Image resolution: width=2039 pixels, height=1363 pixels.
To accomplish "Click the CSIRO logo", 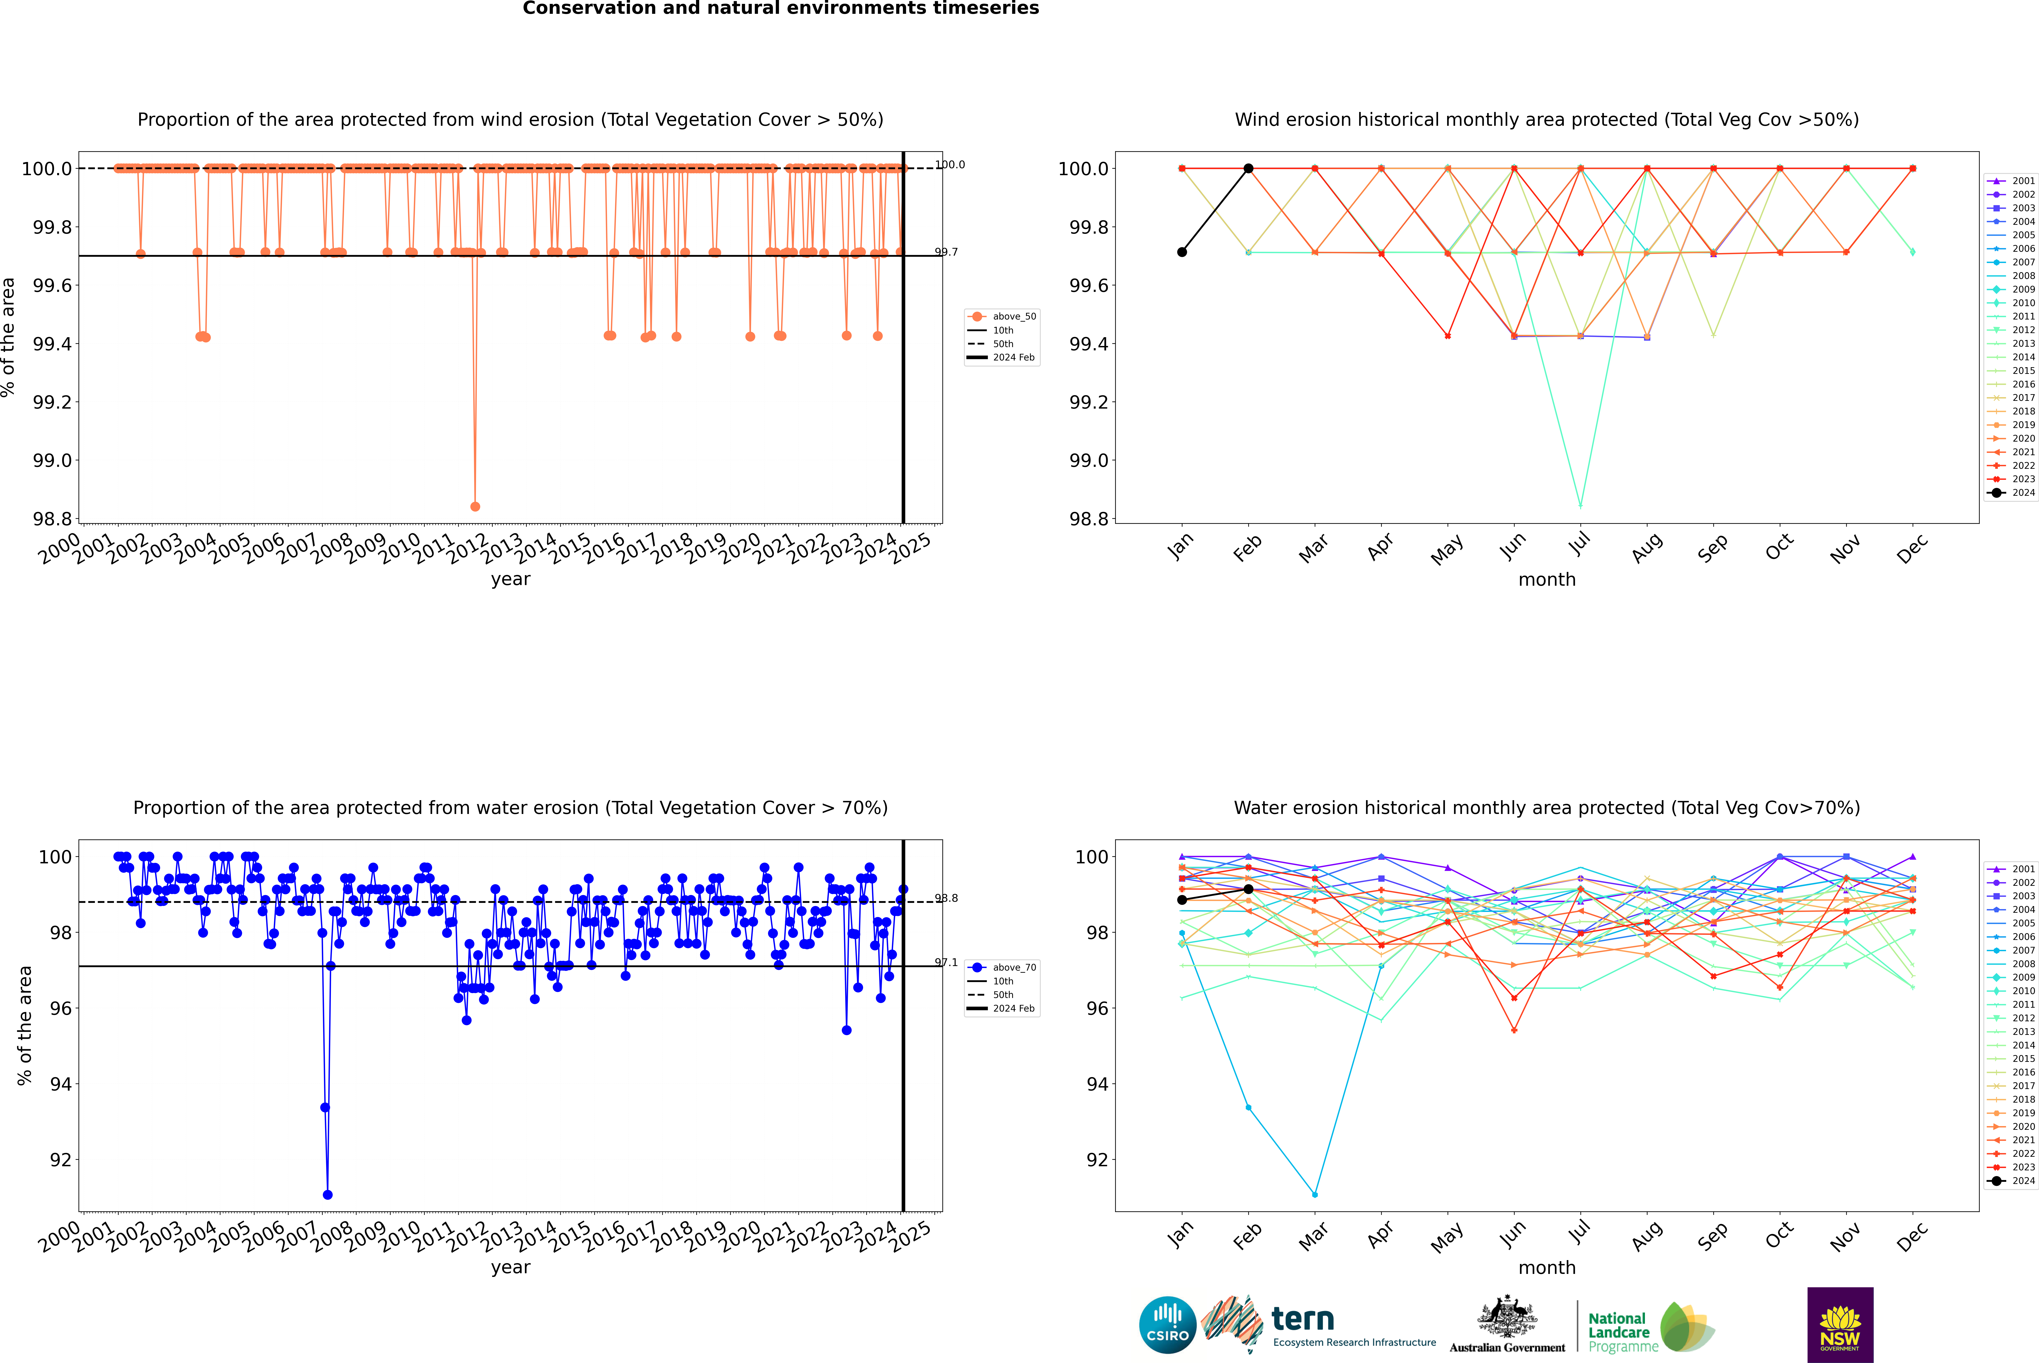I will tap(1167, 1325).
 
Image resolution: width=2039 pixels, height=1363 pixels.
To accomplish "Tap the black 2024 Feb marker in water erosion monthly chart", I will tap(1248, 889).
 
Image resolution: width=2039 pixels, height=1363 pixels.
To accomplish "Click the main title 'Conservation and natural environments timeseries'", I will tap(780, 9).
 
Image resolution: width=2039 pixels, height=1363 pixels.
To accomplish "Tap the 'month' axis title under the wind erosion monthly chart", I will tap(1546, 580).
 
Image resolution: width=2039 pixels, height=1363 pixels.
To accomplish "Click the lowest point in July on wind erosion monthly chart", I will tap(1580, 506).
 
